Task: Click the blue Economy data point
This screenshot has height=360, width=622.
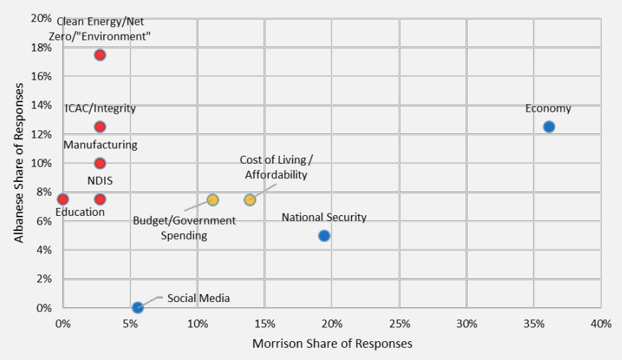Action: tap(549, 127)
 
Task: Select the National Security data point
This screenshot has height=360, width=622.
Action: tap(324, 235)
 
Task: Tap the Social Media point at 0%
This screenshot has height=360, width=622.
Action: tap(138, 308)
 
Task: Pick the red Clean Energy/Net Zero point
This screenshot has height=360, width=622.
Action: tap(100, 55)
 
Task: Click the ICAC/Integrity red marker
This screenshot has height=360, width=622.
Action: tap(100, 127)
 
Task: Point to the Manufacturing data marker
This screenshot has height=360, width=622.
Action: tap(100, 163)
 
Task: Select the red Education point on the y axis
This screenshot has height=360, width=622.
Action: tap(63, 199)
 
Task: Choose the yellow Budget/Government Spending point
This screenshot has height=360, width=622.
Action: tap(213, 199)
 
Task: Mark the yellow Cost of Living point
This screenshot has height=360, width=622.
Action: tap(250, 199)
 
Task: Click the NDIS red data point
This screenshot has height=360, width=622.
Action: tap(100, 199)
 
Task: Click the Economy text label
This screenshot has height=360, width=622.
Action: tap(548, 109)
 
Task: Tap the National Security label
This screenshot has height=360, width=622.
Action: tap(324, 217)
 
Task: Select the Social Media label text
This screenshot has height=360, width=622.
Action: tap(198, 298)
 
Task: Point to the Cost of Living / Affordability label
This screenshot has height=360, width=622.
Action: tap(276, 167)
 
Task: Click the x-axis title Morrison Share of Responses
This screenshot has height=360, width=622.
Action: tap(332, 343)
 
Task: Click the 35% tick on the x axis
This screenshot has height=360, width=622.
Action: tap(533, 322)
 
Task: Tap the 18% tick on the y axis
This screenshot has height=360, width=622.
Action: tap(41, 48)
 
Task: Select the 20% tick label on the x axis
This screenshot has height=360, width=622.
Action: tap(332, 322)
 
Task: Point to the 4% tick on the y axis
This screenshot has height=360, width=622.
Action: tap(44, 250)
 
